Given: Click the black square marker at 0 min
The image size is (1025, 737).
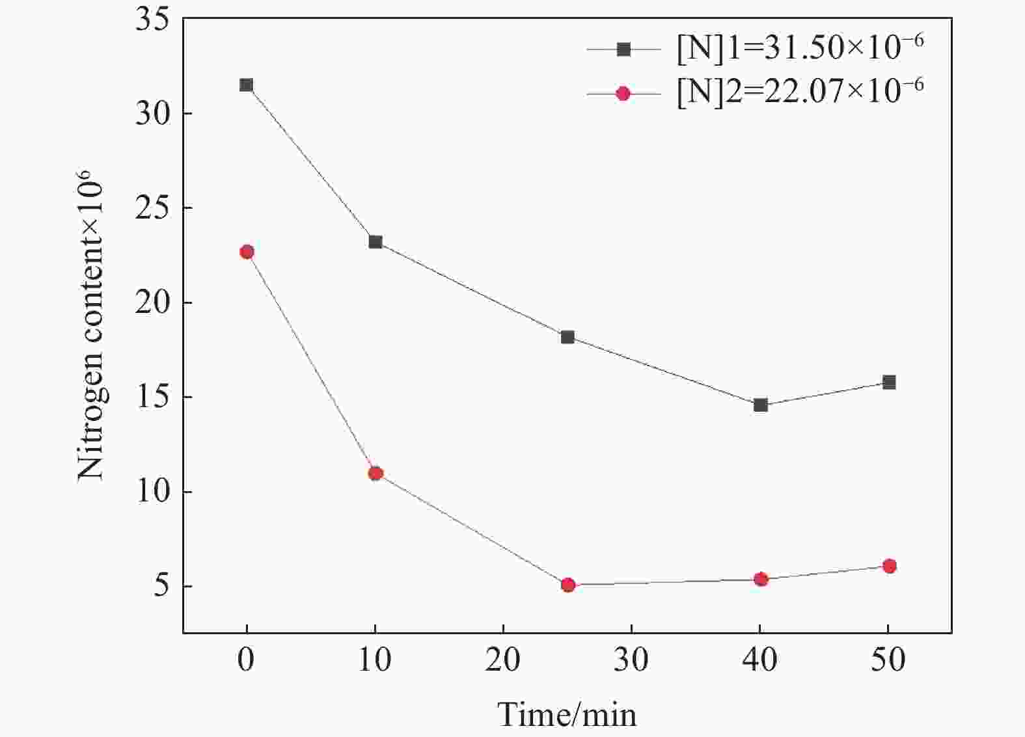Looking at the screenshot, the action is pos(246,85).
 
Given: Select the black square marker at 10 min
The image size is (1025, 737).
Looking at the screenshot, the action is pos(376,241).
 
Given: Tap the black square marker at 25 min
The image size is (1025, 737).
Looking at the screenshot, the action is pos(567,337).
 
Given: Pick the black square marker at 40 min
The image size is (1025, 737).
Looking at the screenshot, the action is pos(761,405).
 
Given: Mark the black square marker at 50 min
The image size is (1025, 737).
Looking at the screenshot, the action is pos(889,382).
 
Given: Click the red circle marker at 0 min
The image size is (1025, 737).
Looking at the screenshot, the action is pos(247,252).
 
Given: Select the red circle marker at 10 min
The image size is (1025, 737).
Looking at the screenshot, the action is pos(376,474).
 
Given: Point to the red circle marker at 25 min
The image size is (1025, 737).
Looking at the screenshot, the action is pos(568,585).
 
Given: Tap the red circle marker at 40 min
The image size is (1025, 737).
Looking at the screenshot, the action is pos(761,579).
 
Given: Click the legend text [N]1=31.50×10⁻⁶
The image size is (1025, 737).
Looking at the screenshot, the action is pos(800,49).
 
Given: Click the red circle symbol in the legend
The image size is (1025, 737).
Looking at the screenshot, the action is pos(623,94).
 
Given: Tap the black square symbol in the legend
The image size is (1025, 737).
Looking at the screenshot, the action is pos(623,49).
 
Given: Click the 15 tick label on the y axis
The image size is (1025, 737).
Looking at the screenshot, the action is pos(152,397).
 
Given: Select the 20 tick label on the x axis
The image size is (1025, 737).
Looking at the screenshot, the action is pos(503,660).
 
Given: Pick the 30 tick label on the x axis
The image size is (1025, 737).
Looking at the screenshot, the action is pos(631,660).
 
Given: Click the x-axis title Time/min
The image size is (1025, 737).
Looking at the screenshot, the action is pos(567,714).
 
